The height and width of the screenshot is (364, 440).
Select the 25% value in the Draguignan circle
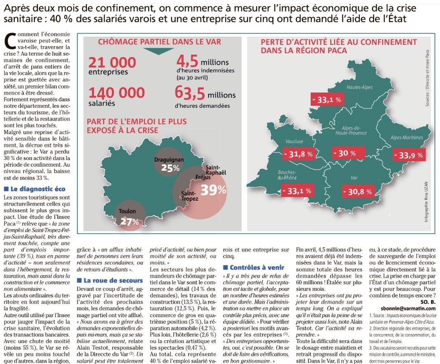[x=170, y=168]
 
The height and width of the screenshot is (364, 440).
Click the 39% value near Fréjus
[x=213, y=190]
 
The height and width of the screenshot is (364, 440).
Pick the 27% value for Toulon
[x=130, y=222]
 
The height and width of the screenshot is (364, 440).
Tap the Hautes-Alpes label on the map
[x=359, y=87]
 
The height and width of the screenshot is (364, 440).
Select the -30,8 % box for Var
[x=358, y=192]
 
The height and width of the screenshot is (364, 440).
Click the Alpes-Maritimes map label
[x=407, y=137]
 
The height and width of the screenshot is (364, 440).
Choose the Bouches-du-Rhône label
[x=287, y=175]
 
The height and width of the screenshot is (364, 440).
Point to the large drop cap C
[x=10, y=42]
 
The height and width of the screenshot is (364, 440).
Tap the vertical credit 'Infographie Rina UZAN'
[x=426, y=202]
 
